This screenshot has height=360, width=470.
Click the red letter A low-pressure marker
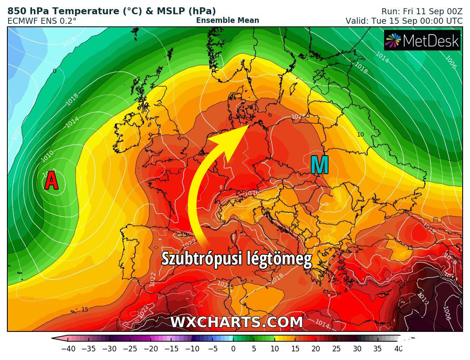click(x=51, y=181)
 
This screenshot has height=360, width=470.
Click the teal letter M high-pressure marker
click(x=320, y=165)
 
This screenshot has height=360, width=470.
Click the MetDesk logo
click(x=422, y=41)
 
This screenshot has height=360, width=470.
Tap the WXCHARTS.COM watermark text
click(x=236, y=322)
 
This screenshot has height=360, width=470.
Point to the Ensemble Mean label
click(x=228, y=20)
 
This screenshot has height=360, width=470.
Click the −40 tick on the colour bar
click(x=68, y=348)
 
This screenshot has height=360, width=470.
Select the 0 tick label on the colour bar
click(x=233, y=348)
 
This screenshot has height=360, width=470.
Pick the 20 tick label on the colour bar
click(x=316, y=348)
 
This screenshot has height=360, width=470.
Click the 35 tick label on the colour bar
click(x=378, y=348)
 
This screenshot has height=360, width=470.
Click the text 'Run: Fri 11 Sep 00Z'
click(x=422, y=12)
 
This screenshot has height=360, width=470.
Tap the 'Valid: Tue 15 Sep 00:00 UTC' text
click(x=404, y=21)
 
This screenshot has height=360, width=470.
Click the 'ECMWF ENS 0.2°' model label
click(x=42, y=21)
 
